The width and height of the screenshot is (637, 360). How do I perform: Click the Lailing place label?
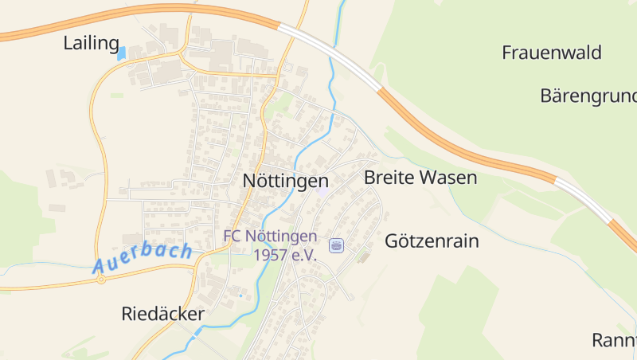[91, 44]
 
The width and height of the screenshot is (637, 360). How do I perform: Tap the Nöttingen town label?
[285, 182]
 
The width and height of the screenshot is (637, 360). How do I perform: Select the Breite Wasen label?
[420, 177]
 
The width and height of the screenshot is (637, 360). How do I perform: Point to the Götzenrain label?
[432, 241]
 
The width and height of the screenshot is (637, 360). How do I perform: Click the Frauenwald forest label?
[551, 53]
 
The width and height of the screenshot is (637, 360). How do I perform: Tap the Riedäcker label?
[162, 314]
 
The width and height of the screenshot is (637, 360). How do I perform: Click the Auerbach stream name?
[143, 258]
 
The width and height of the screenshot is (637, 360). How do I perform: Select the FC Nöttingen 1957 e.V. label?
[271, 245]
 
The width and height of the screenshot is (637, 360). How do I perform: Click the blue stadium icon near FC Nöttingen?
[336, 245]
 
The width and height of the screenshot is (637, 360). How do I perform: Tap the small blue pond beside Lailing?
[122, 54]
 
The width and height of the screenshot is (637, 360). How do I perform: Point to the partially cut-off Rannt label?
[614, 340]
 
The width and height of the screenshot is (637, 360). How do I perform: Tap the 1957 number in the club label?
[272, 255]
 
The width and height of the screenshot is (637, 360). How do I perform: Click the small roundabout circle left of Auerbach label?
[101, 280]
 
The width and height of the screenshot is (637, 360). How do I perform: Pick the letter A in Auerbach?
[100, 266]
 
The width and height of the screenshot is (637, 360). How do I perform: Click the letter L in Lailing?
[68, 44]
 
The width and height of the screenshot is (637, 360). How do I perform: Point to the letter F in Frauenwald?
[507, 53]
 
